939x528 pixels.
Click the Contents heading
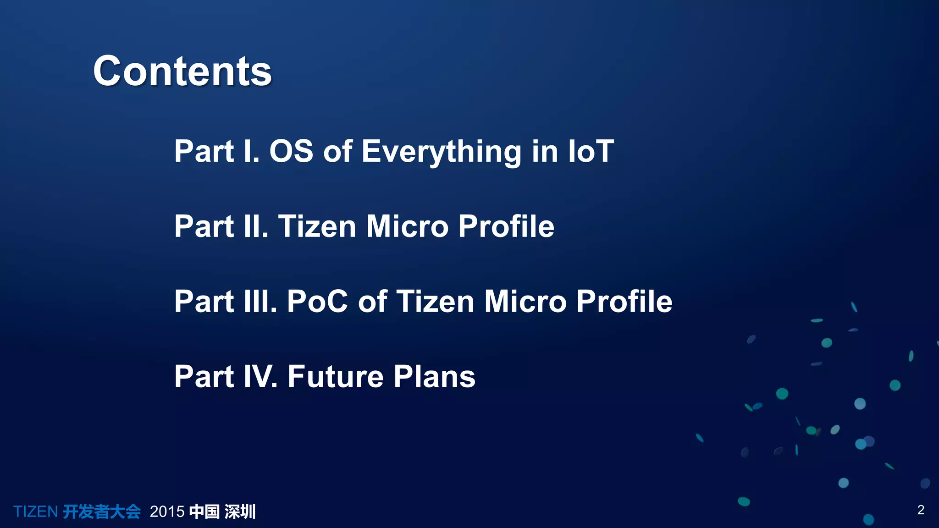tap(182, 71)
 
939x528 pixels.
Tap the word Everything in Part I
tap(441, 152)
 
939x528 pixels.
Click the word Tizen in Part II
tap(317, 226)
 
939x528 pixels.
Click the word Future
tap(335, 376)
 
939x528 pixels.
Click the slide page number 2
tap(921, 510)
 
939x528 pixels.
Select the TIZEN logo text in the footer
tap(35, 511)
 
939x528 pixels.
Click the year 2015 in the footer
tap(167, 511)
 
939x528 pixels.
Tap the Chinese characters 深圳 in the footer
tap(240, 511)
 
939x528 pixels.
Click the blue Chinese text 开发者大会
tap(101, 511)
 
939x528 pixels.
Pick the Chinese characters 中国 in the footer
tap(204, 511)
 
